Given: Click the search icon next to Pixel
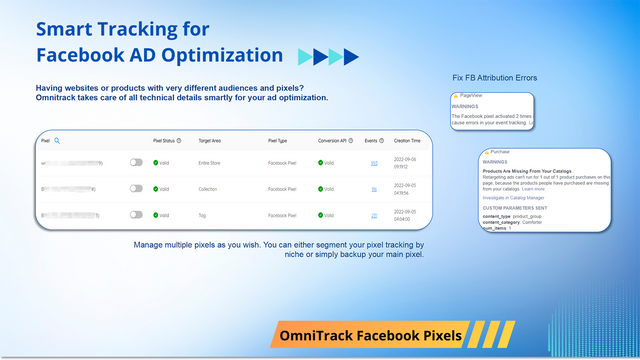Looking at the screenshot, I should (57, 141).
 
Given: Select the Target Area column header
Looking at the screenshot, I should (210, 141).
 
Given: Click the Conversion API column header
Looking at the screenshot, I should (334, 141).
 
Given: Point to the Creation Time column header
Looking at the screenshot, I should (407, 141).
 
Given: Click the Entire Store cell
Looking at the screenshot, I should (212, 162).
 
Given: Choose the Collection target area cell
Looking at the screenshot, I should (210, 188).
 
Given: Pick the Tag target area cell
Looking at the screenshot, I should (203, 215).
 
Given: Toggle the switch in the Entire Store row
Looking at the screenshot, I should (136, 162).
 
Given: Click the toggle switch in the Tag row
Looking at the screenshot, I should (136, 215).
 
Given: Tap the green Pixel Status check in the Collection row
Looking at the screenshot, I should (156, 188).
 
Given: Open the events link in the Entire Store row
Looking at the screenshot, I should (374, 162).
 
